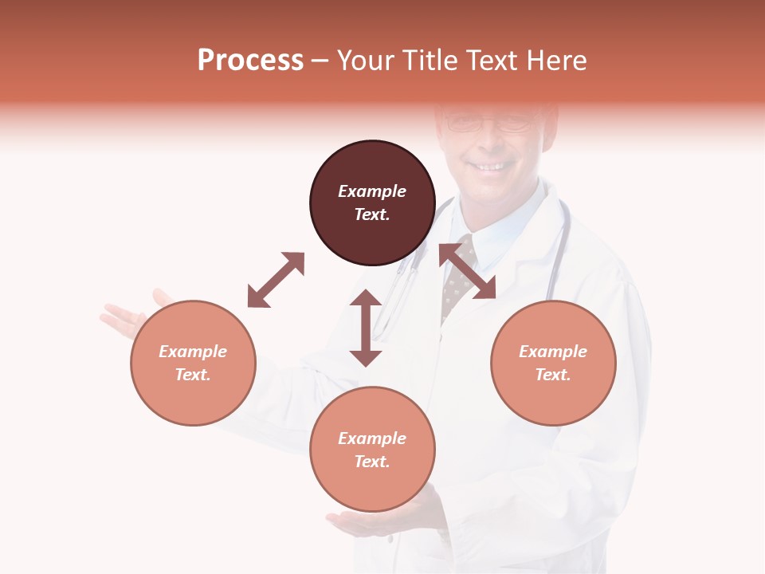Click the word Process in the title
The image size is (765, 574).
click(250, 61)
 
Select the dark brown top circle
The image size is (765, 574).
click(372, 202)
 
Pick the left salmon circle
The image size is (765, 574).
click(193, 363)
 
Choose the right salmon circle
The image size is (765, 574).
click(553, 363)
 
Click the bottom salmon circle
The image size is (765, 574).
click(372, 450)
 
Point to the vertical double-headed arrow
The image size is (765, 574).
click(366, 328)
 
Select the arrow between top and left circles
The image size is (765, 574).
click(276, 280)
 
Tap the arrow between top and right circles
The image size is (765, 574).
click(467, 271)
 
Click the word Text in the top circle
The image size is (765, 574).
click(372, 214)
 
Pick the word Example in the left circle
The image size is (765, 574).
click(193, 352)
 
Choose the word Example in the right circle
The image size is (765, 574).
click(553, 352)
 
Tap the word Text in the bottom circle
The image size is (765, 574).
click(372, 462)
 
